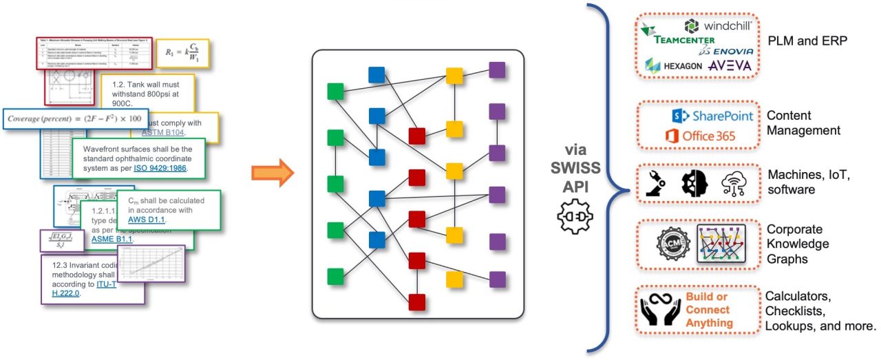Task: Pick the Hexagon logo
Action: coord(674,65)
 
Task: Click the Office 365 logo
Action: coord(700,136)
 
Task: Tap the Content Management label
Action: coord(803,123)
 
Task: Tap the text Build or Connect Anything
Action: coord(709,310)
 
